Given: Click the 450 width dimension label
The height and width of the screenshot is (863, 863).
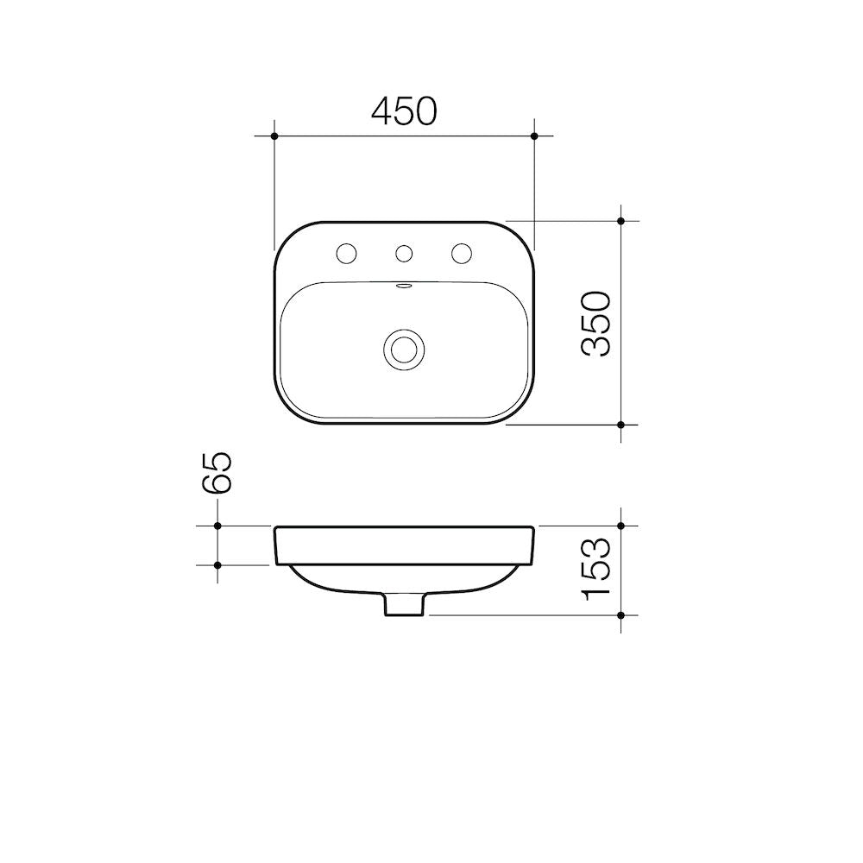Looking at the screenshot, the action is pos(405,111).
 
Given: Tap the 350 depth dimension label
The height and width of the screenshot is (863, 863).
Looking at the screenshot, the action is pos(596,324).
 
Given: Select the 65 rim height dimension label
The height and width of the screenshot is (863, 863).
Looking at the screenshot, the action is pos(217,473).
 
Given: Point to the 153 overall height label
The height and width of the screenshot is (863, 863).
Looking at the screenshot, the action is pos(596,569).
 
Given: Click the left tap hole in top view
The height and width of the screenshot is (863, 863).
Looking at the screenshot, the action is pos(347,253).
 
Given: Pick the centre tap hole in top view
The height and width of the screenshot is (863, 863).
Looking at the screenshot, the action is pos(404,253).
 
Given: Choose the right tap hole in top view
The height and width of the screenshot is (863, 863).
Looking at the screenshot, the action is pos(462,253).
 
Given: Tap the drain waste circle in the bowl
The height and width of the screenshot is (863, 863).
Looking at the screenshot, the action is pos(404,349).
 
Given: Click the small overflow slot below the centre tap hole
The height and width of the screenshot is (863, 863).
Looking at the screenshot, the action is pos(404,286).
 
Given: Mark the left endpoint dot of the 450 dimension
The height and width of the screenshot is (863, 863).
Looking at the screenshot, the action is pos(274,135).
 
